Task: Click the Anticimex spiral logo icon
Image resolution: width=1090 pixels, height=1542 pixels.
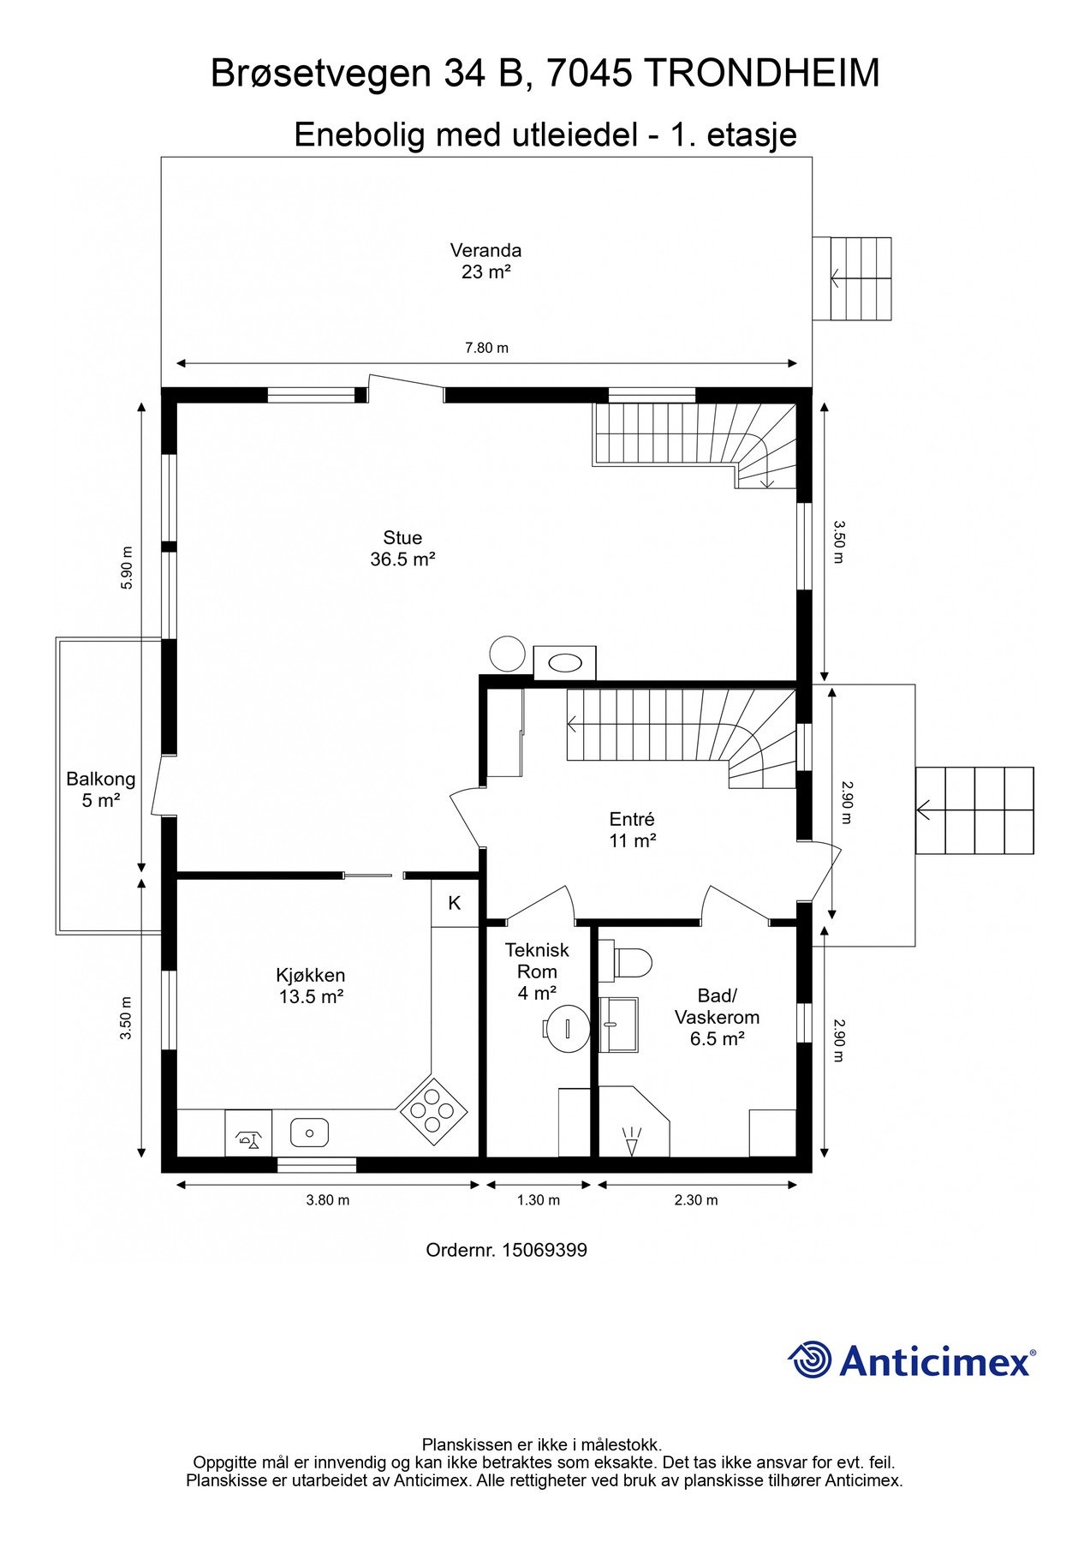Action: pyautogui.click(x=809, y=1360)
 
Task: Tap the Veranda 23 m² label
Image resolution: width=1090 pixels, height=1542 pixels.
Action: pyautogui.click(x=486, y=261)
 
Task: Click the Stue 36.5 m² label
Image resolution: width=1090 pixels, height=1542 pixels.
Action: pyautogui.click(x=402, y=548)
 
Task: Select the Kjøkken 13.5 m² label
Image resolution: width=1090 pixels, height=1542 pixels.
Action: pyautogui.click(x=311, y=985)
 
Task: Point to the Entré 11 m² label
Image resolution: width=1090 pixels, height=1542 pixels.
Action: pyautogui.click(x=632, y=830)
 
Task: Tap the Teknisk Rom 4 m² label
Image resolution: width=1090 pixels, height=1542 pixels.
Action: pyautogui.click(x=537, y=971)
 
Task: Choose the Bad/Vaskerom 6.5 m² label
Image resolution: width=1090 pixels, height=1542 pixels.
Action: pyautogui.click(x=717, y=1017)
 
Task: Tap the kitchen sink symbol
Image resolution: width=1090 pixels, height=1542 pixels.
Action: pyautogui.click(x=309, y=1133)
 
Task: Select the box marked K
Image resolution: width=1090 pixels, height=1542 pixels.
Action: pyautogui.click(x=455, y=903)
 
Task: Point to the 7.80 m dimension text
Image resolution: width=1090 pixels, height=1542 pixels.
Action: pyautogui.click(x=486, y=348)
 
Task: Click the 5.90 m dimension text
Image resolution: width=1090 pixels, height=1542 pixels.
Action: pyautogui.click(x=127, y=568)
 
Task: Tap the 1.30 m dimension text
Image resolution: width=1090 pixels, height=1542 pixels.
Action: pyautogui.click(x=539, y=1200)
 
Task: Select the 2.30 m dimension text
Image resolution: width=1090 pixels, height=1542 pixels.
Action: pyautogui.click(x=696, y=1200)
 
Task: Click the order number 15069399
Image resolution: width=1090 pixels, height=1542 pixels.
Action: pyautogui.click(x=544, y=1250)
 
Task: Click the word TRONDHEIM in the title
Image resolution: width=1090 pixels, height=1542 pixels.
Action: pyautogui.click(x=761, y=74)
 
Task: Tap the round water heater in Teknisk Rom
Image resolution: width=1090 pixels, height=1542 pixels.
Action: pyautogui.click(x=566, y=1023)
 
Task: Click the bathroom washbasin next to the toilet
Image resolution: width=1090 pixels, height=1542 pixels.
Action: pyautogui.click(x=617, y=1025)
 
